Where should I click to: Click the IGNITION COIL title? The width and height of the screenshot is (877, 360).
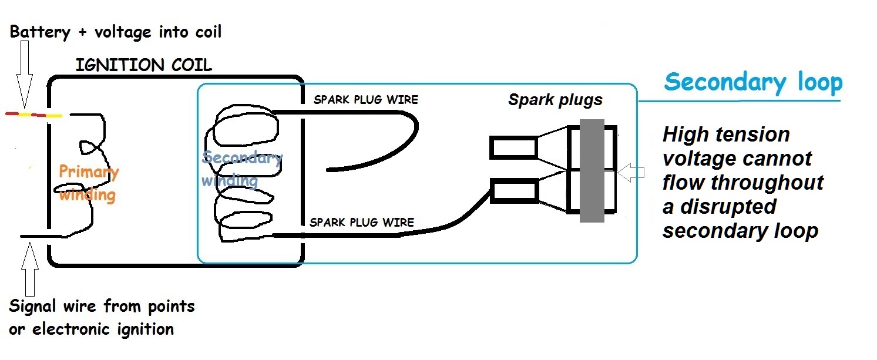point(143,65)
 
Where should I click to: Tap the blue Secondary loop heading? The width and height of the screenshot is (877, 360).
point(753,82)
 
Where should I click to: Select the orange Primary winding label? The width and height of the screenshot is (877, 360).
point(88,183)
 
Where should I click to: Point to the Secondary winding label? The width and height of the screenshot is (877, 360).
point(241,169)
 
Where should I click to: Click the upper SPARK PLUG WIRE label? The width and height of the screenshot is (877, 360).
point(365,99)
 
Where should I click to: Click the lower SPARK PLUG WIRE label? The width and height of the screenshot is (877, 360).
point(361,223)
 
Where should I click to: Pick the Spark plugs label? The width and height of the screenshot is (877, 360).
point(555,100)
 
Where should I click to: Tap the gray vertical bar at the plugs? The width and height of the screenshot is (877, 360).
point(592,170)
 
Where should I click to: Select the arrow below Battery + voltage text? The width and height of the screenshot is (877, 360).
point(25,76)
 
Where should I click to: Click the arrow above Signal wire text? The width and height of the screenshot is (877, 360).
point(29,270)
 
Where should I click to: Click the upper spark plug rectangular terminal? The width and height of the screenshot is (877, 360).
point(513,147)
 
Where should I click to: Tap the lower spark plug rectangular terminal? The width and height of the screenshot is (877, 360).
point(515,191)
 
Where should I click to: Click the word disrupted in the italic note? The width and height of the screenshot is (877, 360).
point(734,207)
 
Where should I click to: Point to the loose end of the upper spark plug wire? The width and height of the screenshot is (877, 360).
point(329,170)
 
